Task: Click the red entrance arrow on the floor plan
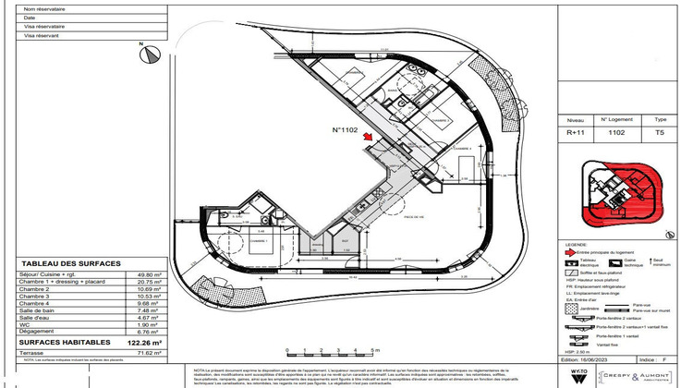point(368,139)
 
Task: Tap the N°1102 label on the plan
point(345,130)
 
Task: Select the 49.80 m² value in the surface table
point(148,275)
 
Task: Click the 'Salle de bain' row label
point(39,310)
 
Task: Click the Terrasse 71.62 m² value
point(148,353)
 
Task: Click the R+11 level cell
point(574,133)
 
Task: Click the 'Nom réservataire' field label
point(42,8)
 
